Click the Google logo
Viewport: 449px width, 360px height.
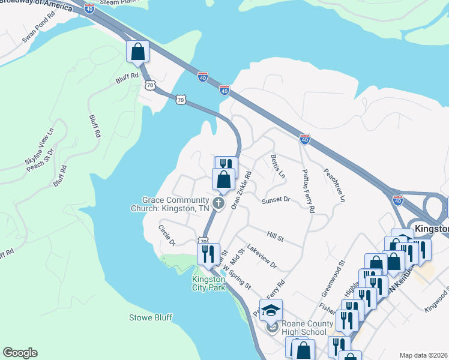point(20,353)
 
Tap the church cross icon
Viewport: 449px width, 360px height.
point(219,204)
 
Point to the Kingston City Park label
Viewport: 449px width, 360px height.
point(208,283)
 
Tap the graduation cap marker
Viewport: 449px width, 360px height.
point(271,311)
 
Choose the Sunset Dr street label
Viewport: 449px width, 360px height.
point(276,200)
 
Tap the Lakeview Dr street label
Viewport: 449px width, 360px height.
point(262,256)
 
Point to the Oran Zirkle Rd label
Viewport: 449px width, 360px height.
point(241,191)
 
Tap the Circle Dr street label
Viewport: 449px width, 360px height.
point(166,235)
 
